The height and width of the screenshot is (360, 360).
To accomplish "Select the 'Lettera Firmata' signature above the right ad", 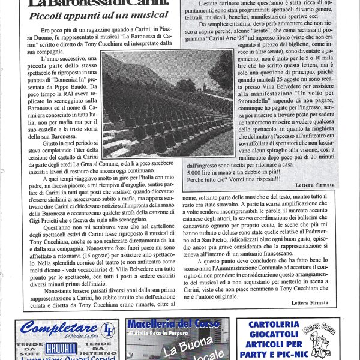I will [311, 302].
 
